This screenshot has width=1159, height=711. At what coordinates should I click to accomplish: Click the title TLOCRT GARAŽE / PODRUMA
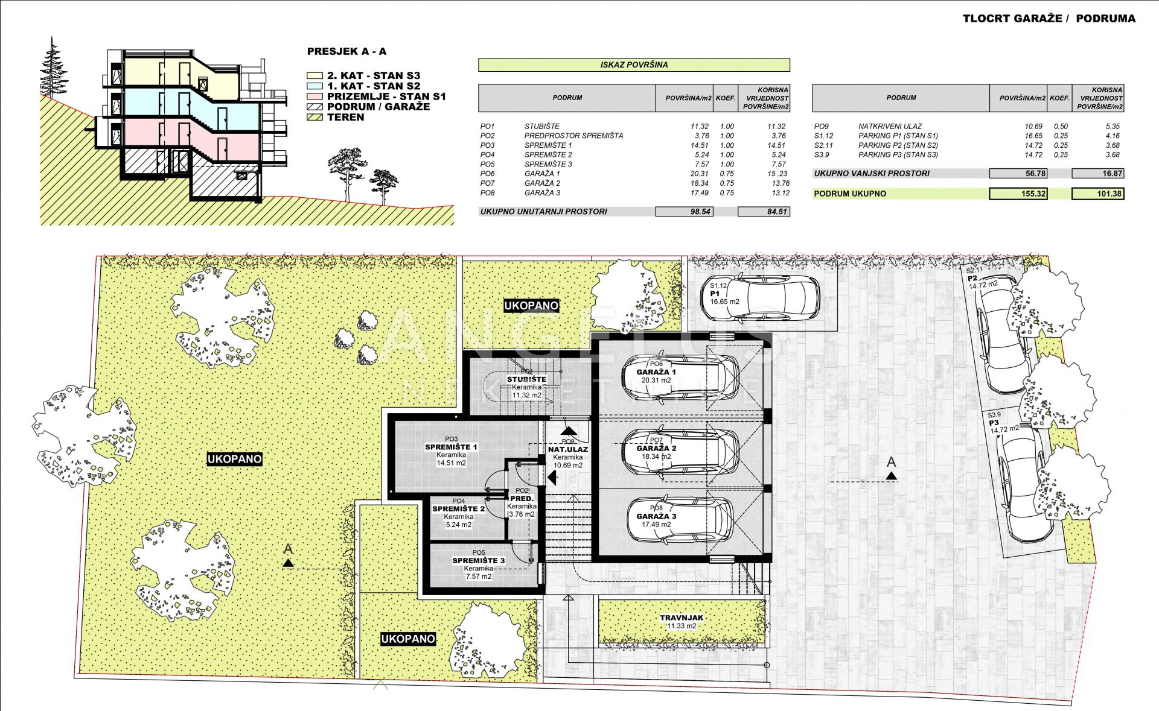[x=1049, y=19]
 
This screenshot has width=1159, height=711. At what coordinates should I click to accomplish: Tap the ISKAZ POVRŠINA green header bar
[x=634, y=65]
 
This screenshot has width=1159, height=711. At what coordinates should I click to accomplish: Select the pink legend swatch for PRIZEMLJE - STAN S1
[x=314, y=96]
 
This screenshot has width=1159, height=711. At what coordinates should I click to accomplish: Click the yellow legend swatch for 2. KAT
[x=314, y=76]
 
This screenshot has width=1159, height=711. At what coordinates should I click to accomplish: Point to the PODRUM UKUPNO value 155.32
[x=1018, y=194]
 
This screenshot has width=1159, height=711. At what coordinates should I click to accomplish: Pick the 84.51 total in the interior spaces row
[x=764, y=212]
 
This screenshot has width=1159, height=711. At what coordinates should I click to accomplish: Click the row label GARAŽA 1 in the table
[x=542, y=174]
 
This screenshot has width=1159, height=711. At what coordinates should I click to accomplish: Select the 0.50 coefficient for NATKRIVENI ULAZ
[x=1060, y=127]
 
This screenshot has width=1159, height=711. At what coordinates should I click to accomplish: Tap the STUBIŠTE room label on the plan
[x=527, y=379]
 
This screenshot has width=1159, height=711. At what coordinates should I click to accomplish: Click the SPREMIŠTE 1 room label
[x=452, y=447]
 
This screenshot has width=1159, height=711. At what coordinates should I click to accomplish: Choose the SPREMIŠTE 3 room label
[x=479, y=561]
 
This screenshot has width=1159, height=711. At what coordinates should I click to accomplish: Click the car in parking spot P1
[x=760, y=298]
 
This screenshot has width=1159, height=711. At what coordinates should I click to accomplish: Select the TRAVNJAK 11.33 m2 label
[x=682, y=622]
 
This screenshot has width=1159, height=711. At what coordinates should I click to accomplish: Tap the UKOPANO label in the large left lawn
[x=234, y=460]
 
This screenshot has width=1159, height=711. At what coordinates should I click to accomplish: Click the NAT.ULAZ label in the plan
[x=568, y=450]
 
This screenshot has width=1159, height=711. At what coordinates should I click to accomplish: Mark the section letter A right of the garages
[x=892, y=463]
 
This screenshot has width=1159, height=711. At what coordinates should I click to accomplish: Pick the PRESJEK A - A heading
[x=346, y=51]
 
